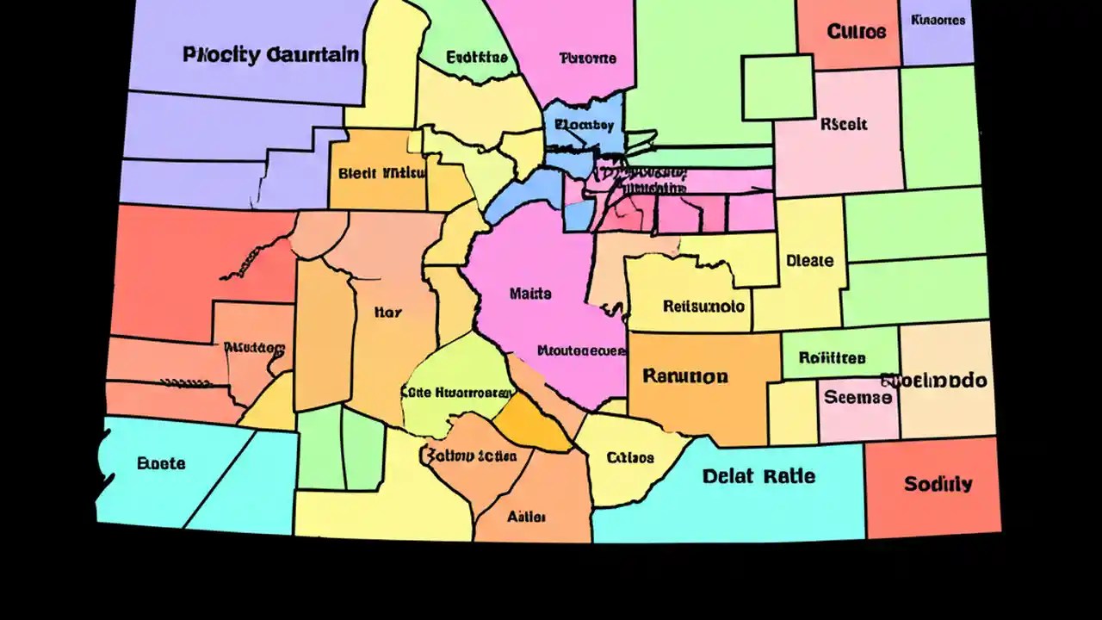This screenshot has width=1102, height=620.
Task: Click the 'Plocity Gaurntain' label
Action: tap(271, 55)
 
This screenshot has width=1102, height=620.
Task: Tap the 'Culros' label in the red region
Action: tap(856, 32)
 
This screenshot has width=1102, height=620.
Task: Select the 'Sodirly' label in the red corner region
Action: tap(938, 484)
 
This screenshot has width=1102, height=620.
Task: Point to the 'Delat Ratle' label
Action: tap(758, 476)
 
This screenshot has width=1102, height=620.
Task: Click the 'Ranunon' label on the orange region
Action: tap(685, 376)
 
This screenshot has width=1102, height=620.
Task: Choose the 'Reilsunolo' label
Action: tap(704, 306)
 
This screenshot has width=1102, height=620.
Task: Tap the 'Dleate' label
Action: tap(809, 260)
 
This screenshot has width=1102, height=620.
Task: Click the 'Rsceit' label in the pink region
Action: tap(844, 124)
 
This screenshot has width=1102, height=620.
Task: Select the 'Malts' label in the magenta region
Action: tap(529, 294)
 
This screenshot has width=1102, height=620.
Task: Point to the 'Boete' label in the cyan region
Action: tap(161, 463)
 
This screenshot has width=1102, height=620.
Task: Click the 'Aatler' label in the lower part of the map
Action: tap(526, 517)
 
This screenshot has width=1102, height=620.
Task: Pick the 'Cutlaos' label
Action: tap(630, 457)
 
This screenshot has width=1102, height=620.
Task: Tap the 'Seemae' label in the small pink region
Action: tap(857, 398)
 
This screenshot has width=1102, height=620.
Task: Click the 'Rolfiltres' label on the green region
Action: tap(832, 357)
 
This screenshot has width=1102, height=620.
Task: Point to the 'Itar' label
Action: tap(387, 313)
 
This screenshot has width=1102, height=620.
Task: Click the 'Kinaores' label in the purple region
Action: tap(938, 19)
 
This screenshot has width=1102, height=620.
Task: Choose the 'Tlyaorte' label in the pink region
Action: tap(587, 59)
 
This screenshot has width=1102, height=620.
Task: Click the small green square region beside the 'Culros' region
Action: tap(777, 86)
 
